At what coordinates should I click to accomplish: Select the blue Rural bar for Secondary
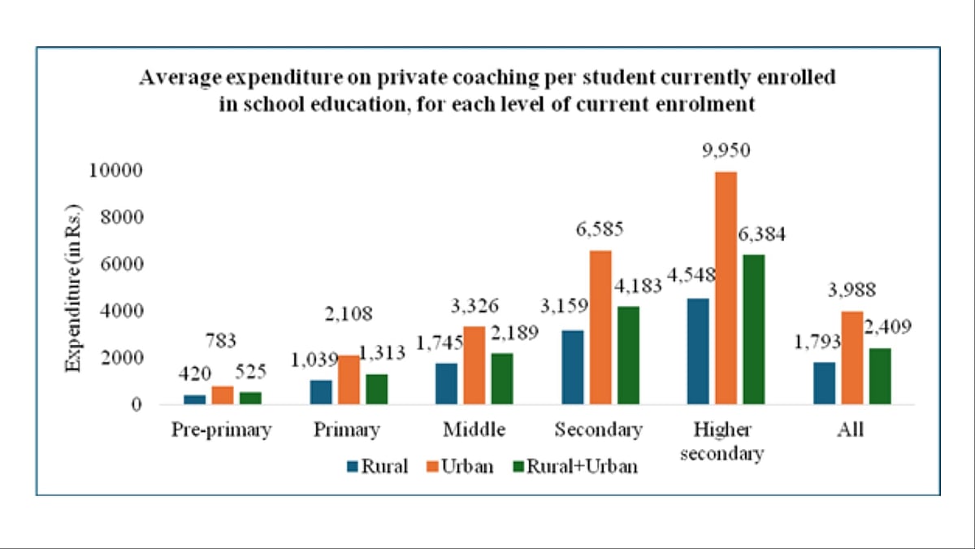click(571, 367)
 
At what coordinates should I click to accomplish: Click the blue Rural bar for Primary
click(321, 392)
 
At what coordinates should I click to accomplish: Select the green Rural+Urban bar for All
click(880, 376)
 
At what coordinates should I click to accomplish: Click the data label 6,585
click(600, 229)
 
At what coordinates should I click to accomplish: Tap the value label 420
click(195, 373)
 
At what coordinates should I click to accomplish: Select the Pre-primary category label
click(221, 430)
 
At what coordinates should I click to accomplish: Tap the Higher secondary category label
click(722, 441)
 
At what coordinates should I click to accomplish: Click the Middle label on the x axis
click(474, 429)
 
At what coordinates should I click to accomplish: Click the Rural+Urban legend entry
click(574, 467)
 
